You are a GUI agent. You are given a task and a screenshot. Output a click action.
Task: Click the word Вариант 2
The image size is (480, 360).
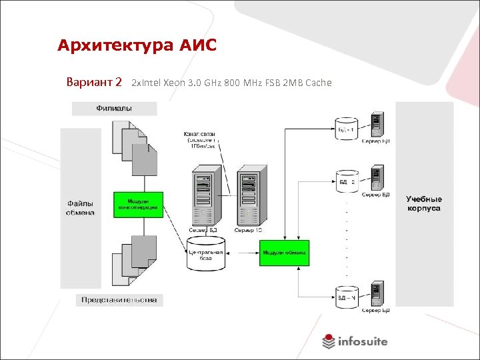click(x=94, y=83)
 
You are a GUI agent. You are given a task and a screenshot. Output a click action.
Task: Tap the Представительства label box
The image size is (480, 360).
click(x=119, y=300)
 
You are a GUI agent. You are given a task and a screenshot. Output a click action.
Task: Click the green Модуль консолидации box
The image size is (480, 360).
click(x=139, y=205)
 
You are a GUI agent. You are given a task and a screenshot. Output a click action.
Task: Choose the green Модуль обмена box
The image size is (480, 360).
click(x=284, y=253)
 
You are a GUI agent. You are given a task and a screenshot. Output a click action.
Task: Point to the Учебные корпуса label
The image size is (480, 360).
click(x=423, y=203)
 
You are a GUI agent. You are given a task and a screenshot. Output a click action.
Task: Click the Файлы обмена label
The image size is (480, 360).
click(x=80, y=208)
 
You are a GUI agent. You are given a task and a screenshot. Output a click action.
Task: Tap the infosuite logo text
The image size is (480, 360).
click(x=362, y=341)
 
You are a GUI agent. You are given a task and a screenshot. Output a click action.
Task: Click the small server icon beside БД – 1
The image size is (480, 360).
click(x=377, y=123)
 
